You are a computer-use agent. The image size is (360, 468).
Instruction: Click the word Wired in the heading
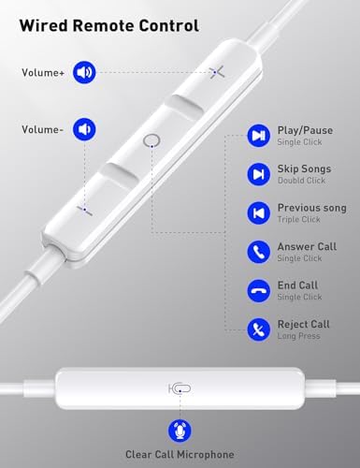(x=44, y=25)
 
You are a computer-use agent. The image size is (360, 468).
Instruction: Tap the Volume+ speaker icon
(x=84, y=72)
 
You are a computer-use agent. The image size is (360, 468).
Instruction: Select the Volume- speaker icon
(x=84, y=129)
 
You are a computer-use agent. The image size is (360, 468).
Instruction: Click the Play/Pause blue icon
(x=258, y=136)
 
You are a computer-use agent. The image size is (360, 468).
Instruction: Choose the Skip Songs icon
(x=258, y=174)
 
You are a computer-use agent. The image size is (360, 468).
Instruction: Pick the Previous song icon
(x=258, y=213)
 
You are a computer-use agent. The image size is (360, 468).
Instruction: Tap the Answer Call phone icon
(x=258, y=252)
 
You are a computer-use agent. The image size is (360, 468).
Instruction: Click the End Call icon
(x=258, y=291)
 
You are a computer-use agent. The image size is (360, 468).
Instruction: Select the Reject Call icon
(x=258, y=329)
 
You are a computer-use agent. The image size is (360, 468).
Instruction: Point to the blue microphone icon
(x=180, y=431)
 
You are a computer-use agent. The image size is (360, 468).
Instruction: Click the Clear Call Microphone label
(x=180, y=454)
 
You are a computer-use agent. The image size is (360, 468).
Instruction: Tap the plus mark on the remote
(x=217, y=72)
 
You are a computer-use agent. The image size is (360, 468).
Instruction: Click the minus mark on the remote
(x=85, y=210)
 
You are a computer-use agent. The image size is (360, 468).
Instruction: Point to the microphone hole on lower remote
(x=180, y=388)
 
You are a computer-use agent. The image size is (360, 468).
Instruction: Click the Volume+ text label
(x=43, y=73)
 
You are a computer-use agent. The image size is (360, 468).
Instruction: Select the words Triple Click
(x=298, y=219)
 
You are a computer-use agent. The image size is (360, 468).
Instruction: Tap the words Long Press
(x=298, y=336)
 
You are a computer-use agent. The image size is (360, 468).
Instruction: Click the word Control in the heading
(x=168, y=25)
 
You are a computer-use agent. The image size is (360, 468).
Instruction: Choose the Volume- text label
(x=42, y=129)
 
